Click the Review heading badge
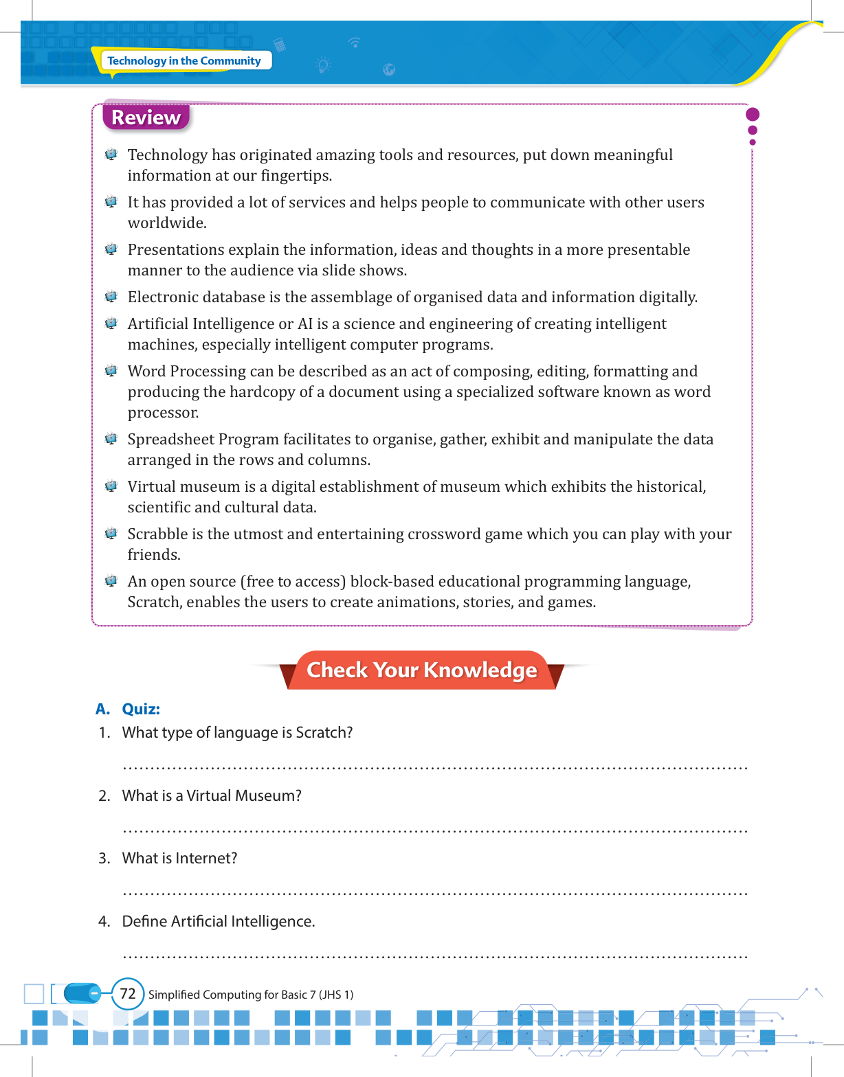146,117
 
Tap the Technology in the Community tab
184,60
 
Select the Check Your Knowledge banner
421,670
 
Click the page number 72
128,994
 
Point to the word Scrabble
157,534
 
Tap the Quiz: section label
141,709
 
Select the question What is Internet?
179,858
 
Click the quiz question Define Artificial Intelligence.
219,921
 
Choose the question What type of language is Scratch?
237,732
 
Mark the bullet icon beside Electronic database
111,297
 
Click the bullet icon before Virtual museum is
111,486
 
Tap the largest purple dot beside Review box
753,114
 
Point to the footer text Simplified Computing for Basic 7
251,995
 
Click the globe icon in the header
389,69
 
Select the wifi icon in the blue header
355,43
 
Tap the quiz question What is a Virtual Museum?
212,795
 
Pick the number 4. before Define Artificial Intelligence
104,921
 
